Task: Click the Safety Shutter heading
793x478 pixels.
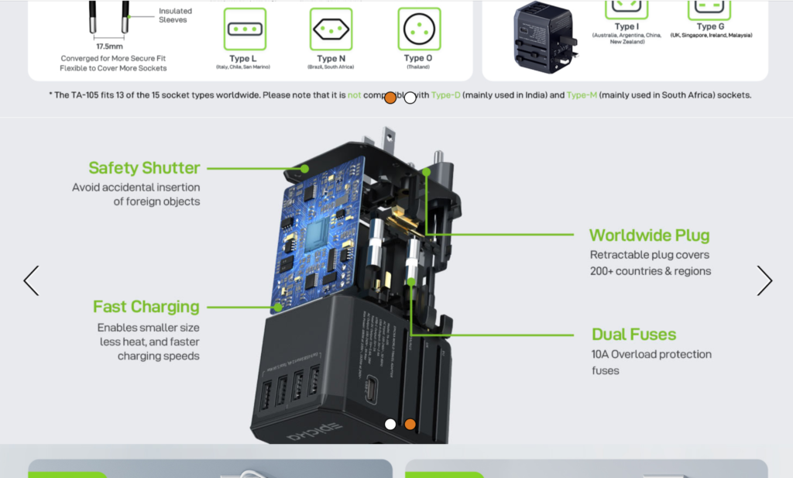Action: point(144,168)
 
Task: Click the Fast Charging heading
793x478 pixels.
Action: point(146,307)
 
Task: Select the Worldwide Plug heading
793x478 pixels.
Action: point(649,236)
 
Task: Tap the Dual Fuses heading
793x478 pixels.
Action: point(633,335)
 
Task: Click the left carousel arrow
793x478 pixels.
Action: point(31,280)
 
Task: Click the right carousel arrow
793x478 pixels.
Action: point(764,280)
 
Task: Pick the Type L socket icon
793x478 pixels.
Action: point(244,29)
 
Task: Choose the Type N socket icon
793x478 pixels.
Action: point(331,29)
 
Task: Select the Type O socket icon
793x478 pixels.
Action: point(419,29)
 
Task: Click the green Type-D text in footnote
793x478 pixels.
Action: point(445,95)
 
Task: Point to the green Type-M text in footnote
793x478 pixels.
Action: point(581,95)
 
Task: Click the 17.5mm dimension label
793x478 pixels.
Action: point(109,46)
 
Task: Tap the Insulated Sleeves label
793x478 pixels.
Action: point(175,15)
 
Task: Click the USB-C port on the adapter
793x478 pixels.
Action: point(372,385)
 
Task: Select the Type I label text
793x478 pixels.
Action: point(627,26)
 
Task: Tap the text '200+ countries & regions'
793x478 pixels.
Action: point(650,271)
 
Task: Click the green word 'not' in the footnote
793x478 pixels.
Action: point(354,95)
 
